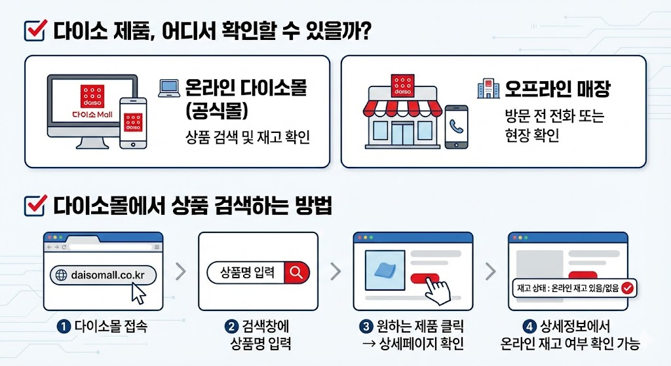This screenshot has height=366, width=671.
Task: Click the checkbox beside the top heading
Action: point(33,30)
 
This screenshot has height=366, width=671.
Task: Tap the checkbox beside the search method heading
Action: point(33,206)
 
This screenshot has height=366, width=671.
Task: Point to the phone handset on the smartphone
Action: point(456,126)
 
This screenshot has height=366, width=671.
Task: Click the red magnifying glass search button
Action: point(297,272)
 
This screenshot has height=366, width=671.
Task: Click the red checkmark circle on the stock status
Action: point(627,287)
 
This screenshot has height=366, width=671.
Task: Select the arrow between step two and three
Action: point(335,271)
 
